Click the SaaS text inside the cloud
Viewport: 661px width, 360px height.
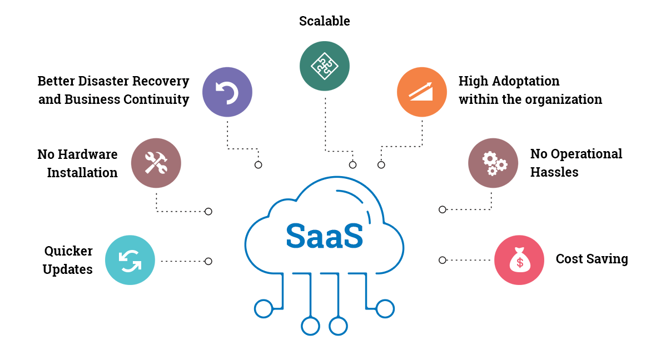(x=324, y=236)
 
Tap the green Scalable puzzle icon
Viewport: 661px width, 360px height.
(x=324, y=66)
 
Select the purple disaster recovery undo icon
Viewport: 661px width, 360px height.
(x=227, y=92)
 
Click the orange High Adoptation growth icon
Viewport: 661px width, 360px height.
(x=422, y=92)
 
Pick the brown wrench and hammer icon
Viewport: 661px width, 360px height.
(x=156, y=163)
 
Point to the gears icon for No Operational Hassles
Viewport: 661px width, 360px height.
(x=493, y=163)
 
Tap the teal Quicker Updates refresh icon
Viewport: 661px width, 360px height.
(x=130, y=260)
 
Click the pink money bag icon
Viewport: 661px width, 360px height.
(x=519, y=260)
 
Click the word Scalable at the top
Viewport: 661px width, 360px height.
(x=324, y=21)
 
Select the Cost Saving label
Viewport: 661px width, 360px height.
(x=592, y=259)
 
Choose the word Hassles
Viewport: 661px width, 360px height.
(x=554, y=172)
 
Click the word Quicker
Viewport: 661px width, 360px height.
(x=68, y=251)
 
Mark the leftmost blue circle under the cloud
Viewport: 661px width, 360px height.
(x=263, y=308)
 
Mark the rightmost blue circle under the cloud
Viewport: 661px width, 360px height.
(x=385, y=308)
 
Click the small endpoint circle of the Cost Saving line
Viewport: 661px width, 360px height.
(x=443, y=260)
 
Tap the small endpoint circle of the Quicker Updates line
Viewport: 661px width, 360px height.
(x=208, y=261)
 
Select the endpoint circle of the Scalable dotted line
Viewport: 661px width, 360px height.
(x=352, y=165)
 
